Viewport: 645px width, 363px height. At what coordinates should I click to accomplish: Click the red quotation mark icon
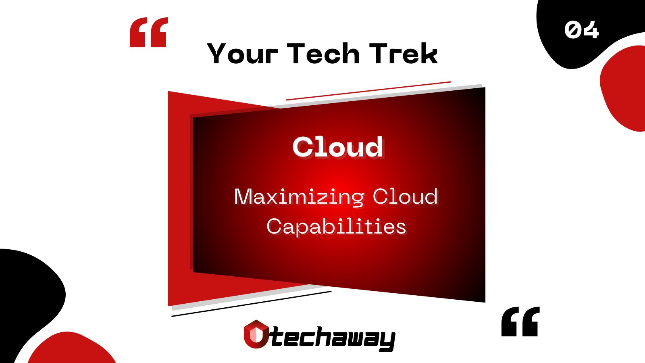point(148,32)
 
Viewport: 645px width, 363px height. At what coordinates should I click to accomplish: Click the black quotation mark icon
point(520,321)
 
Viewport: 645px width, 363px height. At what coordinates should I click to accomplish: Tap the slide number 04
point(581,30)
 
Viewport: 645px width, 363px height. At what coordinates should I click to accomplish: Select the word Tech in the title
point(323,54)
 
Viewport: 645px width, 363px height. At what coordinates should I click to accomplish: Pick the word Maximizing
point(299,197)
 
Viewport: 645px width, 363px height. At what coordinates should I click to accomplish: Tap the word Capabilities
point(336,226)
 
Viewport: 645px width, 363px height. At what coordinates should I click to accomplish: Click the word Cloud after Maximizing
point(405,196)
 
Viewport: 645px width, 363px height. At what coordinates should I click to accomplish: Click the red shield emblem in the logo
point(256,334)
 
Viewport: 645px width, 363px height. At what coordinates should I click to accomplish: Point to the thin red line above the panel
point(368,90)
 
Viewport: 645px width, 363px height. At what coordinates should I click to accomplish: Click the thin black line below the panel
point(251,304)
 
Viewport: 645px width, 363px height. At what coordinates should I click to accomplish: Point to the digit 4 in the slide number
point(591,30)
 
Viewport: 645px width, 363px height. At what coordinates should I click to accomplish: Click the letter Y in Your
point(218,54)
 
